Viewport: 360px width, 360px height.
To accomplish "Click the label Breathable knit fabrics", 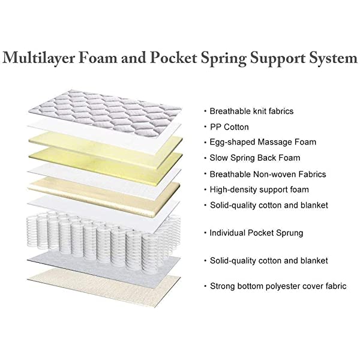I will [251, 112].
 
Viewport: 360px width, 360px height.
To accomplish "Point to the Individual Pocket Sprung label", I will [256, 232].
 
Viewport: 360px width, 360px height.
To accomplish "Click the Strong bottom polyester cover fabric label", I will [278, 286].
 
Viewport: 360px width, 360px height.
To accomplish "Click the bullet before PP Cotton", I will [205, 127].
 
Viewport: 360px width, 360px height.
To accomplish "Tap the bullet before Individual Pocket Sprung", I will [205, 232].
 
